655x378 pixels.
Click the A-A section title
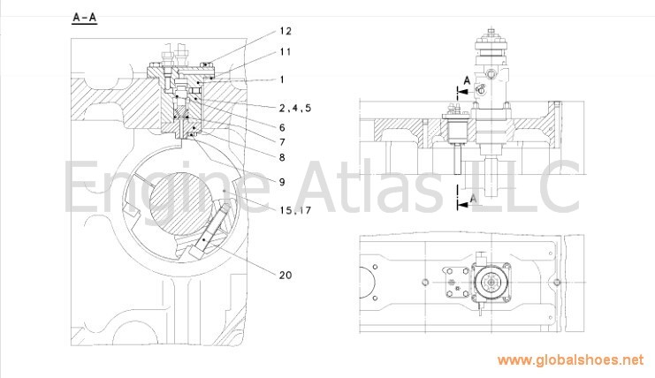pyautogui.click(x=85, y=18)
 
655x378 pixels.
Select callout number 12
pyautogui.click(x=286, y=31)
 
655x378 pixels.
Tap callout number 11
pyautogui.click(x=286, y=52)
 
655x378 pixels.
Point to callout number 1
pyautogui.click(x=282, y=79)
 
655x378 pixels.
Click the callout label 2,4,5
pyautogui.click(x=295, y=108)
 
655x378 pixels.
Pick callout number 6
pyautogui.click(x=282, y=127)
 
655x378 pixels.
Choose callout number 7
pyautogui.click(x=282, y=142)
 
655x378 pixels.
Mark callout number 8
pyautogui.click(x=282, y=157)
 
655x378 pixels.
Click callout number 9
pyautogui.click(x=282, y=182)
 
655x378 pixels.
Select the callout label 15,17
pyautogui.click(x=296, y=210)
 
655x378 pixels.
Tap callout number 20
pyautogui.click(x=286, y=275)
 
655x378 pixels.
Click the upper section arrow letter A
pyautogui.click(x=467, y=80)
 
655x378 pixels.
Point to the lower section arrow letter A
pyautogui.click(x=473, y=199)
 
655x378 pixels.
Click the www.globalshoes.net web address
pyautogui.click(x=571, y=360)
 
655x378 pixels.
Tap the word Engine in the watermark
pyautogui.click(x=167, y=188)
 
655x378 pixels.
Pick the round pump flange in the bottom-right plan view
pyautogui.click(x=491, y=282)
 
